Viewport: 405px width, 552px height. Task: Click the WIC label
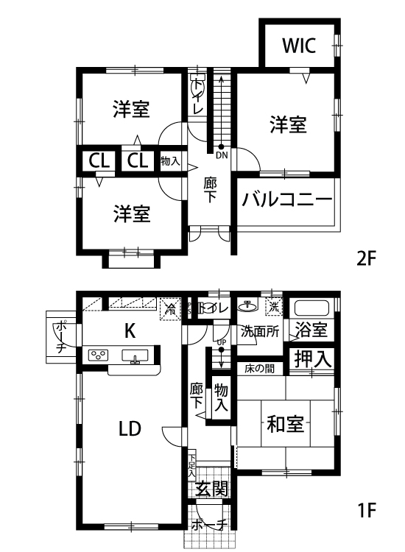point(299,46)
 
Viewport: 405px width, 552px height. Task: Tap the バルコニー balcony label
point(287,199)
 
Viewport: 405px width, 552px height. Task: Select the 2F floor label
point(367,259)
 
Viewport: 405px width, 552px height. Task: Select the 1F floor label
point(367,510)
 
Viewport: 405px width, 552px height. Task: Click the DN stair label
point(222,155)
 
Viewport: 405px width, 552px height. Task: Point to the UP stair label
point(222,342)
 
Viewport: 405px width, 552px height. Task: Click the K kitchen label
point(130,331)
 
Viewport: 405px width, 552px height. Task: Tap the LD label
point(130,428)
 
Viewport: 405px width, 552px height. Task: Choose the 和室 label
point(285,424)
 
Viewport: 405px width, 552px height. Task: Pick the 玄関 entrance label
point(211,488)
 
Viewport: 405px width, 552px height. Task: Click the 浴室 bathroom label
point(311,329)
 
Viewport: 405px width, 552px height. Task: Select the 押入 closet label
point(312,359)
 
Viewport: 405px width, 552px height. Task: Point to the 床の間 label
point(259,369)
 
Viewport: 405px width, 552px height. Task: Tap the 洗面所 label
point(260,331)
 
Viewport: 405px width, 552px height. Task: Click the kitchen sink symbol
point(135,355)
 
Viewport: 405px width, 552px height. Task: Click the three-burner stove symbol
point(99,355)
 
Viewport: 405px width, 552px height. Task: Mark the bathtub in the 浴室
point(311,308)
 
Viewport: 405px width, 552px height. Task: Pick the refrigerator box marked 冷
point(170,309)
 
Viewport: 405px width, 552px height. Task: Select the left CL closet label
point(99,161)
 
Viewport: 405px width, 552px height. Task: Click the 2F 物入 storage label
point(170,161)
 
